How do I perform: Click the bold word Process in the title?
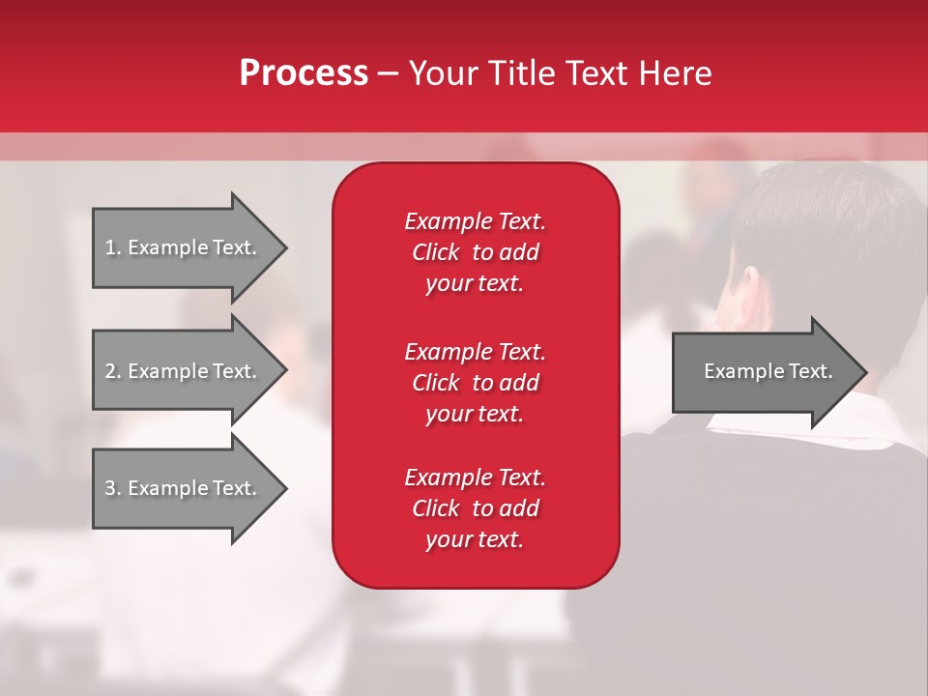304,73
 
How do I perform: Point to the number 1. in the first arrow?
112,247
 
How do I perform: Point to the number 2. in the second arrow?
112,371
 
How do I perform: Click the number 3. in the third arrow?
112,488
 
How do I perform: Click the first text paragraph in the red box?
475,252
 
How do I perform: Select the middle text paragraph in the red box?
475,383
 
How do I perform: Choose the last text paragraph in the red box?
475,508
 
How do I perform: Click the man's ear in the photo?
748,290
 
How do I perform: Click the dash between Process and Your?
389,74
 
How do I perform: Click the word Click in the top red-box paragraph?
436,252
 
